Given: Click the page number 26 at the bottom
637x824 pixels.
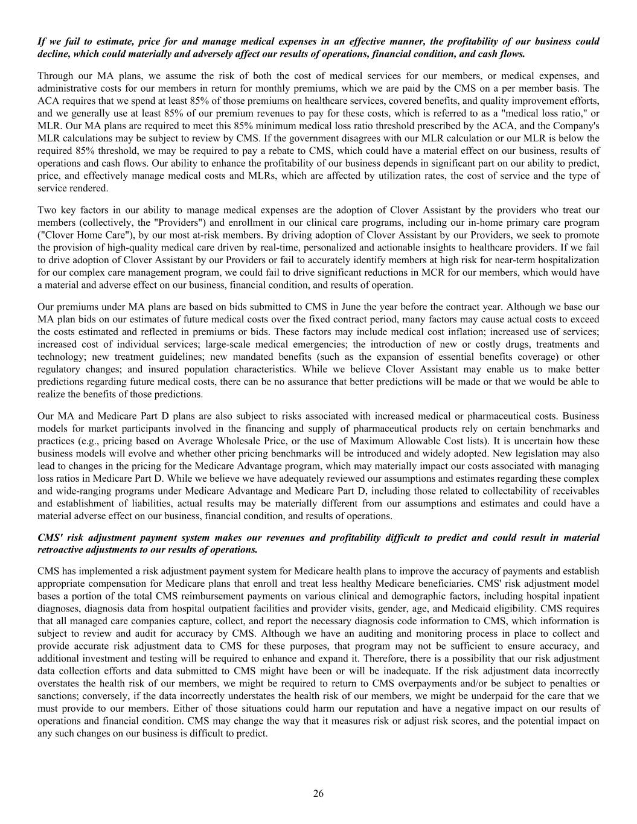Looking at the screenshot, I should pyautogui.click(x=318, y=793).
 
